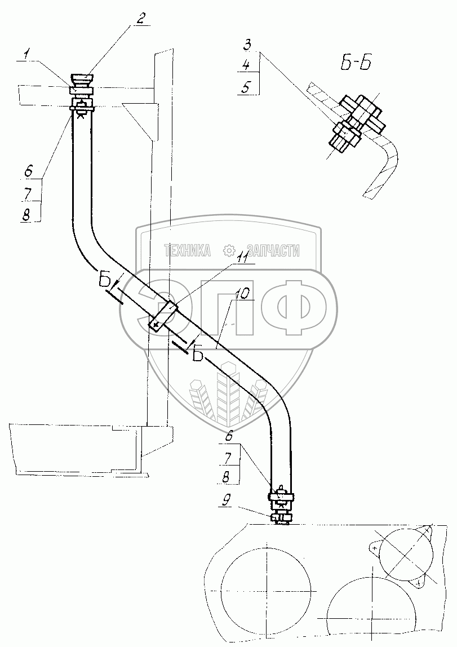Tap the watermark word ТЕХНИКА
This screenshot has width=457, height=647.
coord(187,250)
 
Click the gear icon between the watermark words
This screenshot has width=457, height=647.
coord(229,250)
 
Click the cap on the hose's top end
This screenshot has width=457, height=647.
coord(82,78)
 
